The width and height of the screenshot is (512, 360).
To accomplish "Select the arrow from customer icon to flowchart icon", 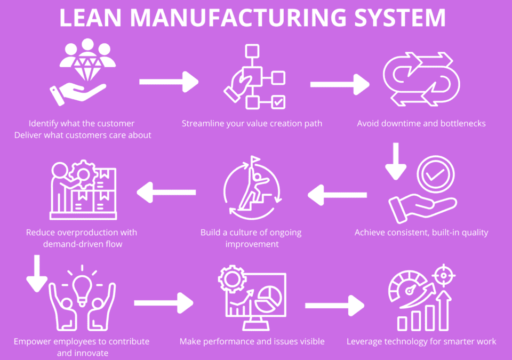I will pos(169,82).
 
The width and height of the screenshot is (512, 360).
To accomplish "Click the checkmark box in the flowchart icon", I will pos(278,101).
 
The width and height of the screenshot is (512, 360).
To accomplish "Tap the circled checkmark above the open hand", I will pos(435,174).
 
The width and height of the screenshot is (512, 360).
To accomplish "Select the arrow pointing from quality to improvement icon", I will pos(337,194).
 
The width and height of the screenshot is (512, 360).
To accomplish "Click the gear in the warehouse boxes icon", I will pos(84,173).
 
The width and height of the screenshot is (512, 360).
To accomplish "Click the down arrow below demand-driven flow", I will pos(37,273).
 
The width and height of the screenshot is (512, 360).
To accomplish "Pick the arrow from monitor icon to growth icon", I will pos(334,306).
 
